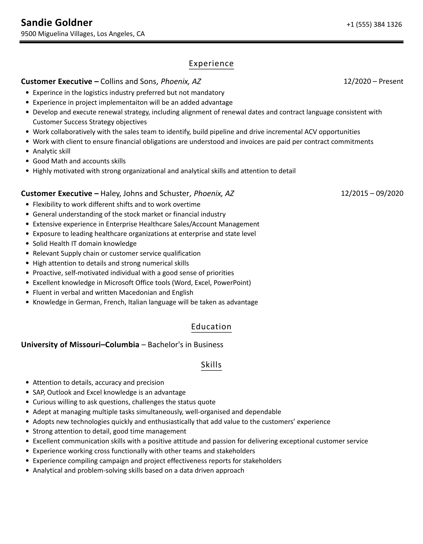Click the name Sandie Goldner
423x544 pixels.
tap(57, 23)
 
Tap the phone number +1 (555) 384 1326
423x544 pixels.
tap(374, 25)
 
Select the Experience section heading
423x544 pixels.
tap(211, 64)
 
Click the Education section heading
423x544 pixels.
tap(211, 326)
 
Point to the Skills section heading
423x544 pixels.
tap(211, 365)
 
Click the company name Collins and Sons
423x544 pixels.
tap(128, 82)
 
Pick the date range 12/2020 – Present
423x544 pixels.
tap(373, 82)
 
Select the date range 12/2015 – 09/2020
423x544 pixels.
tap(372, 193)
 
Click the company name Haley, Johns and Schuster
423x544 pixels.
tap(145, 194)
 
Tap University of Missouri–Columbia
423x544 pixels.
tap(80, 345)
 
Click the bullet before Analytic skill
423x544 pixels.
tap(28, 152)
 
